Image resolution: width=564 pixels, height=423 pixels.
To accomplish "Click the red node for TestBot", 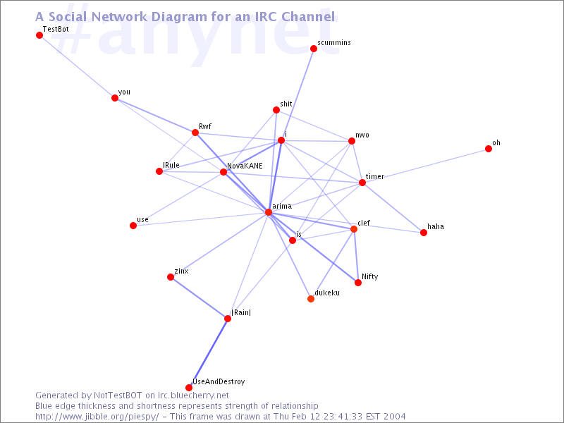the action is pos(39,35).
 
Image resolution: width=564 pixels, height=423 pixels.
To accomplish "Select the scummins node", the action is pos(314,49).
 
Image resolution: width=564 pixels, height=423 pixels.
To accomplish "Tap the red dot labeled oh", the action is pos(489,149).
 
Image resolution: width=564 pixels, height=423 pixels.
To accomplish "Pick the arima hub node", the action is pos(269,212).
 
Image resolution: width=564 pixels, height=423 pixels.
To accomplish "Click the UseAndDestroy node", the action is pos(189,388).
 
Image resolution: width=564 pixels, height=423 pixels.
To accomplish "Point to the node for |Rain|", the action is pos(228,319).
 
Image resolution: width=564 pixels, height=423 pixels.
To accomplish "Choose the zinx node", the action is pos(171,277).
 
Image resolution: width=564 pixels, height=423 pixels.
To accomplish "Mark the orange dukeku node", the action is pos(311,299).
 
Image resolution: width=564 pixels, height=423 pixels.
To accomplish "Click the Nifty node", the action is pos(358,283).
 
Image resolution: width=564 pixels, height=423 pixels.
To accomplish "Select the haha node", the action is pos(424,233).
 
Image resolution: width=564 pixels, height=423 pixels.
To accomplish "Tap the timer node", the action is pos(362,183).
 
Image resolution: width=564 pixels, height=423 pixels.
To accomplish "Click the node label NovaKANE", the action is pos(245,166).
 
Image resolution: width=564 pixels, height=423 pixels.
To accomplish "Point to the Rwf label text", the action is pos(205,126).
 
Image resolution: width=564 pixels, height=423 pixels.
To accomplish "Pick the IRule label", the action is pos(171,165).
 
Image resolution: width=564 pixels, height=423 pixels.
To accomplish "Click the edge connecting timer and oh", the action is pos(425,166).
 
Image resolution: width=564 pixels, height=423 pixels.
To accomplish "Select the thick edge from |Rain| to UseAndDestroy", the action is pos(208,353).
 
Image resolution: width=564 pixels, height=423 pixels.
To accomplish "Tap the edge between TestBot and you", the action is pos(77,66).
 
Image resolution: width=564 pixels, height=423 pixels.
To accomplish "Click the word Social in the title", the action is pos(68,16).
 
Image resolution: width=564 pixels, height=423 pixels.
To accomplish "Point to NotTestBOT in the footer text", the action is pos(118,396).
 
